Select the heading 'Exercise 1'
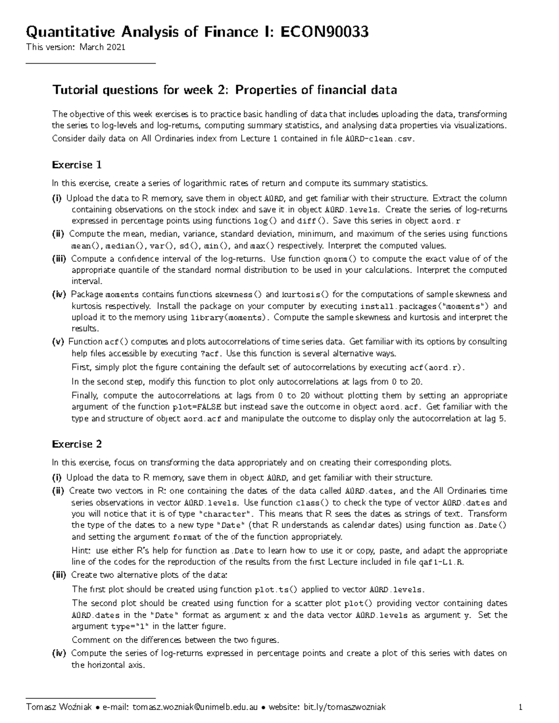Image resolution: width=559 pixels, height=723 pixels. point(77,165)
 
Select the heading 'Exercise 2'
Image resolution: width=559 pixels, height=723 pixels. point(77,444)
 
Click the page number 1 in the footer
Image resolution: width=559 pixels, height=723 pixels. point(520,707)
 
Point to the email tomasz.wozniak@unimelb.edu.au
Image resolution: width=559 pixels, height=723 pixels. point(195,707)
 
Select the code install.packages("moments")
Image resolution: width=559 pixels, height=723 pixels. point(425,306)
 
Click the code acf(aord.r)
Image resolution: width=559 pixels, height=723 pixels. point(436,367)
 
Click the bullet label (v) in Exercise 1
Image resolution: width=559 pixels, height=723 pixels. point(58,342)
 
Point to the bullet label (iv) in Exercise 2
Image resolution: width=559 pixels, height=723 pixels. point(59,653)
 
